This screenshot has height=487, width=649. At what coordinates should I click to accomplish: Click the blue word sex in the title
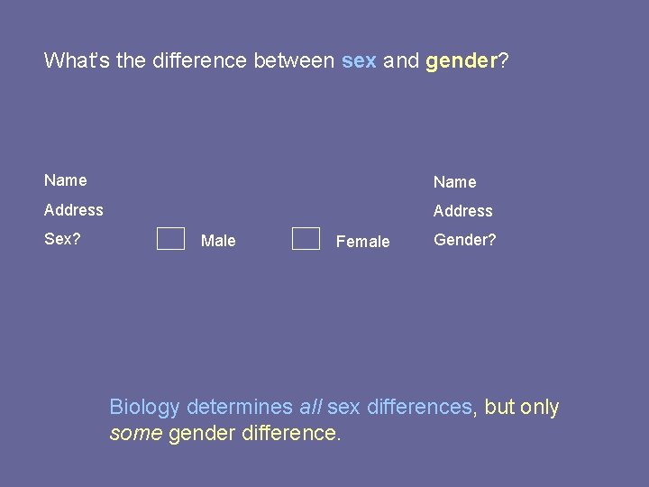[x=359, y=61]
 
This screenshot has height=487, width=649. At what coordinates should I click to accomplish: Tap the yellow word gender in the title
[x=461, y=61]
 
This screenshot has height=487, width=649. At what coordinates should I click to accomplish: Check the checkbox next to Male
[x=170, y=239]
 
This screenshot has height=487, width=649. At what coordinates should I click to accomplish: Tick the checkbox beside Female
[x=306, y=239]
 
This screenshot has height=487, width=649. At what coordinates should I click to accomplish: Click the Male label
[x=218, y=241]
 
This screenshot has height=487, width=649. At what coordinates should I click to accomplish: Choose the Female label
[x=362, y=242]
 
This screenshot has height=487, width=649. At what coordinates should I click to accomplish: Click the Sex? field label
[x=62, y=240]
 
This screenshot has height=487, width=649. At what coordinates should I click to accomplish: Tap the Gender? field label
[x=464, y=240]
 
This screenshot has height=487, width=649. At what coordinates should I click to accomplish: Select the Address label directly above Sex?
[x=74, y=210]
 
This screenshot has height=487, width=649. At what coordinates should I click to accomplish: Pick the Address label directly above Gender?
[x=462, y=211]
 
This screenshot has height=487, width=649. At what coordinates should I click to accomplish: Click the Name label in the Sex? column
[x=66, y=180]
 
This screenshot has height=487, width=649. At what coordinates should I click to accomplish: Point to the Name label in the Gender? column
[x=454, y=182]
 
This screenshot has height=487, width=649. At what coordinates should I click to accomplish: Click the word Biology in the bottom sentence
[x=144, y=408]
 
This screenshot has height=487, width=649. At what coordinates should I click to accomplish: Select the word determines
[x=240, y=408]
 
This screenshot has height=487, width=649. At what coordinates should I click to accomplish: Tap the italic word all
[x=310, y=408]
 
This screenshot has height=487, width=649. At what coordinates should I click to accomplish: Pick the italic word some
[x=136, y=434]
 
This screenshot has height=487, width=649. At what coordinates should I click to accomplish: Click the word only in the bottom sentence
[x=540, y=408]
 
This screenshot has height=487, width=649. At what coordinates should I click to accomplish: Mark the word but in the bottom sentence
[x=499, y=408]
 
